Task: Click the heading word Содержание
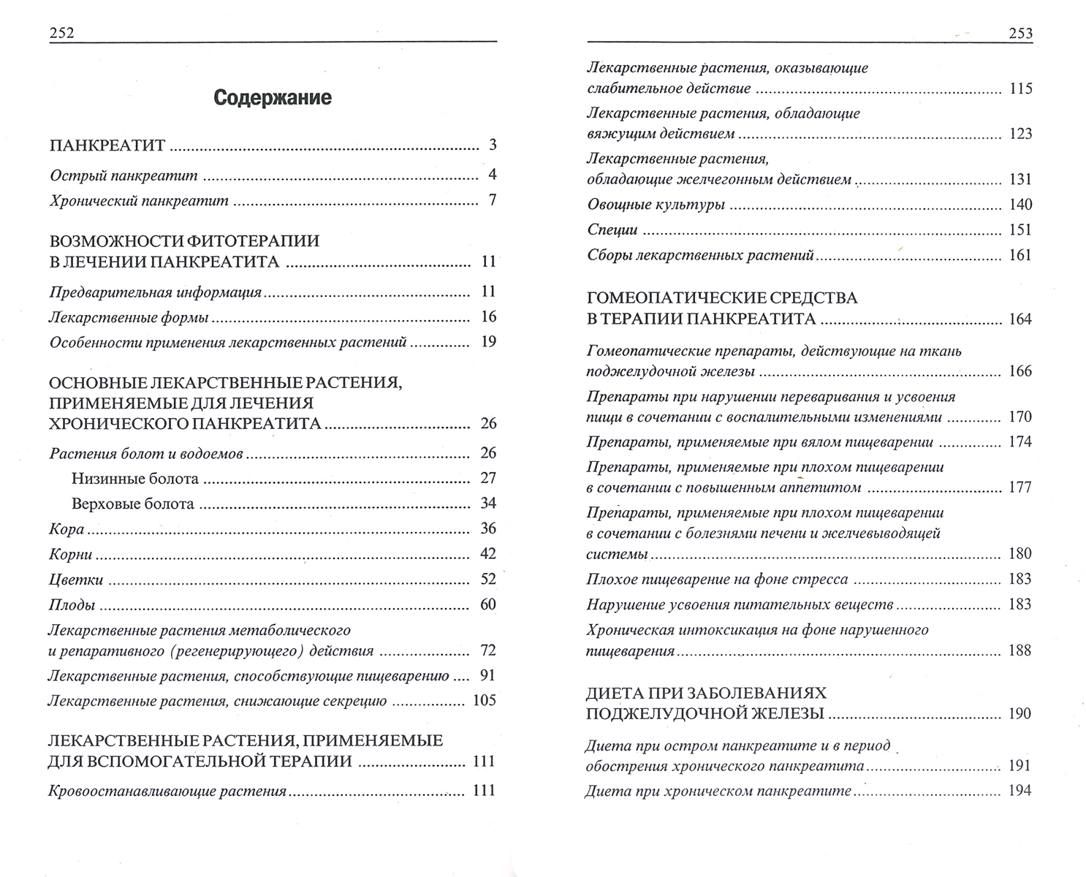(273, 98)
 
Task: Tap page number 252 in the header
(62, 33)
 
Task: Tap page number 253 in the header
(1019, 33)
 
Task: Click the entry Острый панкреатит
(124, 175)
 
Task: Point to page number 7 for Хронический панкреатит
(493, 200)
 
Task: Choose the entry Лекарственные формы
(129, 317)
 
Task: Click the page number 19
(488, 341)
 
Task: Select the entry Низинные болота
(135, 479)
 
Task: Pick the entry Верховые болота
(133, 504)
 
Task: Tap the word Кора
(67, 529)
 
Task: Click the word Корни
(71, 555)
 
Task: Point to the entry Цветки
(76, 580)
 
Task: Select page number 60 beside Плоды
(488, 604)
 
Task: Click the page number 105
(485, 701)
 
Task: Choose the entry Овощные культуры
(656, 205)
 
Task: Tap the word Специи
(612, 230)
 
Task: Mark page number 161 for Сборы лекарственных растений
(1019, 255)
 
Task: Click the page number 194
(1019, 791)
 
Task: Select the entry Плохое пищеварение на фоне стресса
(717, 580)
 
